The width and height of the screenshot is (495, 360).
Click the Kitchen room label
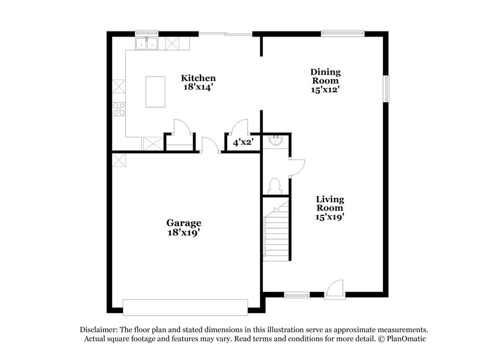click(x=198, y=78)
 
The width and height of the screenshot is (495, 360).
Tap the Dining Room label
click(x=325, y=76)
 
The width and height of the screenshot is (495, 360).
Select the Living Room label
click(x=330, y=204)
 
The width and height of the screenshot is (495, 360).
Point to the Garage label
click(x=183, y=223)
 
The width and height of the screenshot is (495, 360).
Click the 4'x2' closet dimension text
click(x=242, y=142)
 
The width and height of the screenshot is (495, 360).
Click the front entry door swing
click(x=334, y=288)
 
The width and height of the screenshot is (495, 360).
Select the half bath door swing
click(x=296, y=166)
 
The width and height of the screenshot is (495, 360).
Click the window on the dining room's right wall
click(x=387, y=88)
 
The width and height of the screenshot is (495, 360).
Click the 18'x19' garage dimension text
click(x=183, y=233)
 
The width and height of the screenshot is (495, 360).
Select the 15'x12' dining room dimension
click(x=325, y=90)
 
